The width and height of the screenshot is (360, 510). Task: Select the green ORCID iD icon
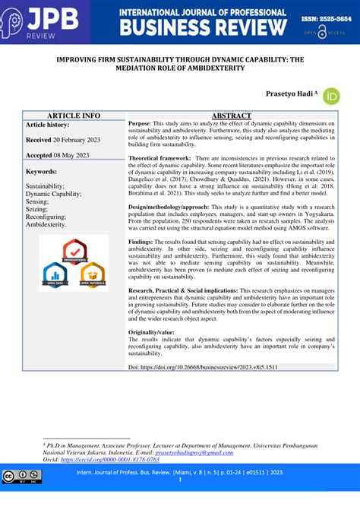(331, 95)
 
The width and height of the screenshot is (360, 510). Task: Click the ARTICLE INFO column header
(73, 115)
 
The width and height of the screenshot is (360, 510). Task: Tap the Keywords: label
(43, 172)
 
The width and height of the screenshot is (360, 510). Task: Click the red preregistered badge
(74, 252)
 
